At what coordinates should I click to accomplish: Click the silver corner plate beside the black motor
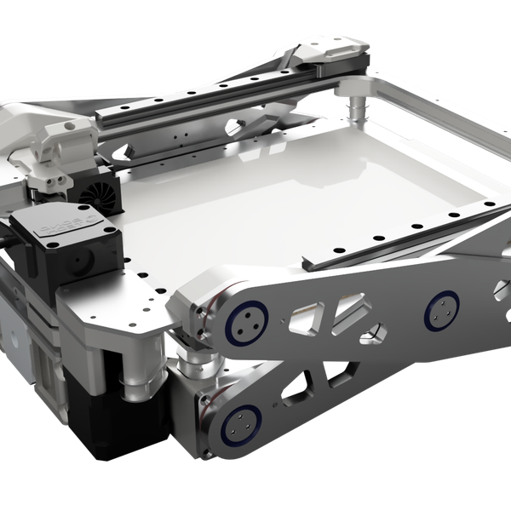point(119,307)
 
